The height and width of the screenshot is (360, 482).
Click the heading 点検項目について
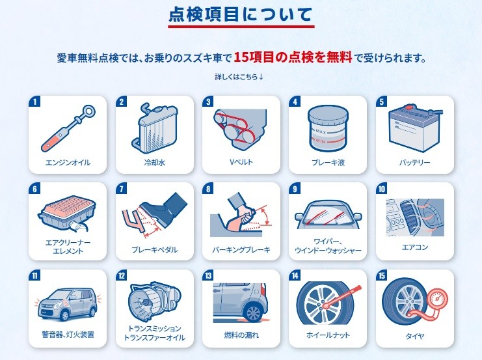(241, 14)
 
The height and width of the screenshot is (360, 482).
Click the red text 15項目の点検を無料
(293, 57)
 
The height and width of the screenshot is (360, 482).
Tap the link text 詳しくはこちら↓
(239, 77)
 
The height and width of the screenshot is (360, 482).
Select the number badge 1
(34, 102)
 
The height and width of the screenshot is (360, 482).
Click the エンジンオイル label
(68, 163)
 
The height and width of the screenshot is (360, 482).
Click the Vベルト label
(241, 162)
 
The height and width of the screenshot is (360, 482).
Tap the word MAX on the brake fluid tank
(321, 132)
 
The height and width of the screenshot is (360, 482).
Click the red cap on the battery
(408, 108)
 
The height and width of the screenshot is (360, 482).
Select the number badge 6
(34, 188)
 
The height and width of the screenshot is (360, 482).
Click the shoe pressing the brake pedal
(164, 208)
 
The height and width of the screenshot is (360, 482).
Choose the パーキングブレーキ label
(241, 249)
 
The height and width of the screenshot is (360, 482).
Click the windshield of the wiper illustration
(328, 215)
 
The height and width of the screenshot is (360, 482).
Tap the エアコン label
(415, 247)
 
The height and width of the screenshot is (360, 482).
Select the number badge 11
(34, 275)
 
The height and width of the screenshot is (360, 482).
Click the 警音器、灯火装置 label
(68, 335)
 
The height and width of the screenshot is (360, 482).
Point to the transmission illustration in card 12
(154, 303)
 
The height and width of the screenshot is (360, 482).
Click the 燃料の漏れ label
(241, 335)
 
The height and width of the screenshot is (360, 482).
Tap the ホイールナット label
(328, 335)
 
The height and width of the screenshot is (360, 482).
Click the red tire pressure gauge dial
(438, 298)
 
